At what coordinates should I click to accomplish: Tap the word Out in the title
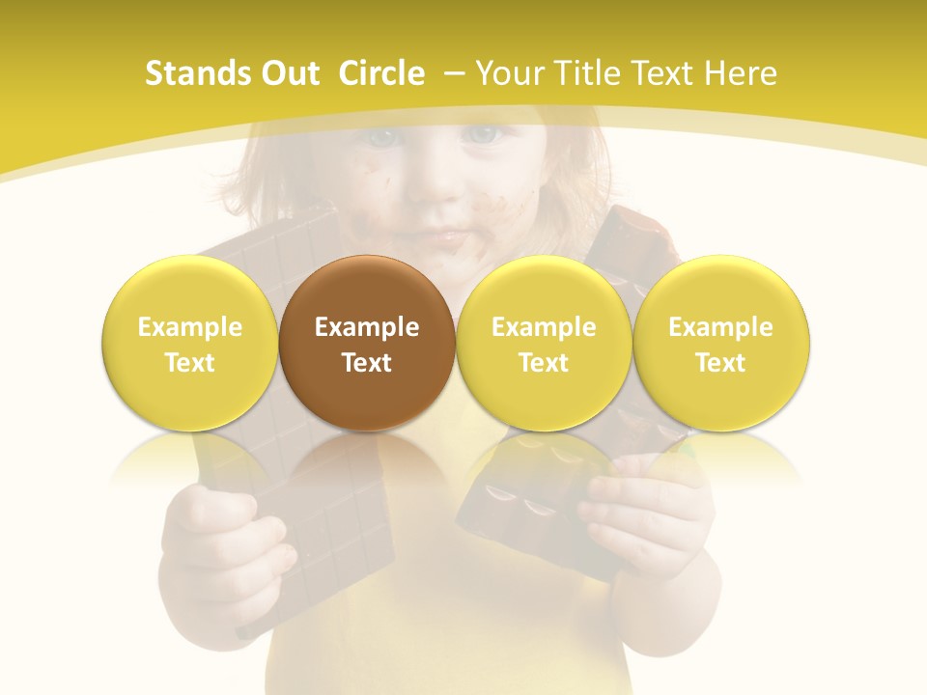(x=287, y=73)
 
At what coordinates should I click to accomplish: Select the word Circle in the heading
(x=381, y=73)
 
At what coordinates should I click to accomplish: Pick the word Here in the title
(x=741, y=73)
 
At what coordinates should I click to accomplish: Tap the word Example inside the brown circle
(x=367, y=327)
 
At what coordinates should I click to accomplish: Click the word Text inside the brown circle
(x=367, y=363)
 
